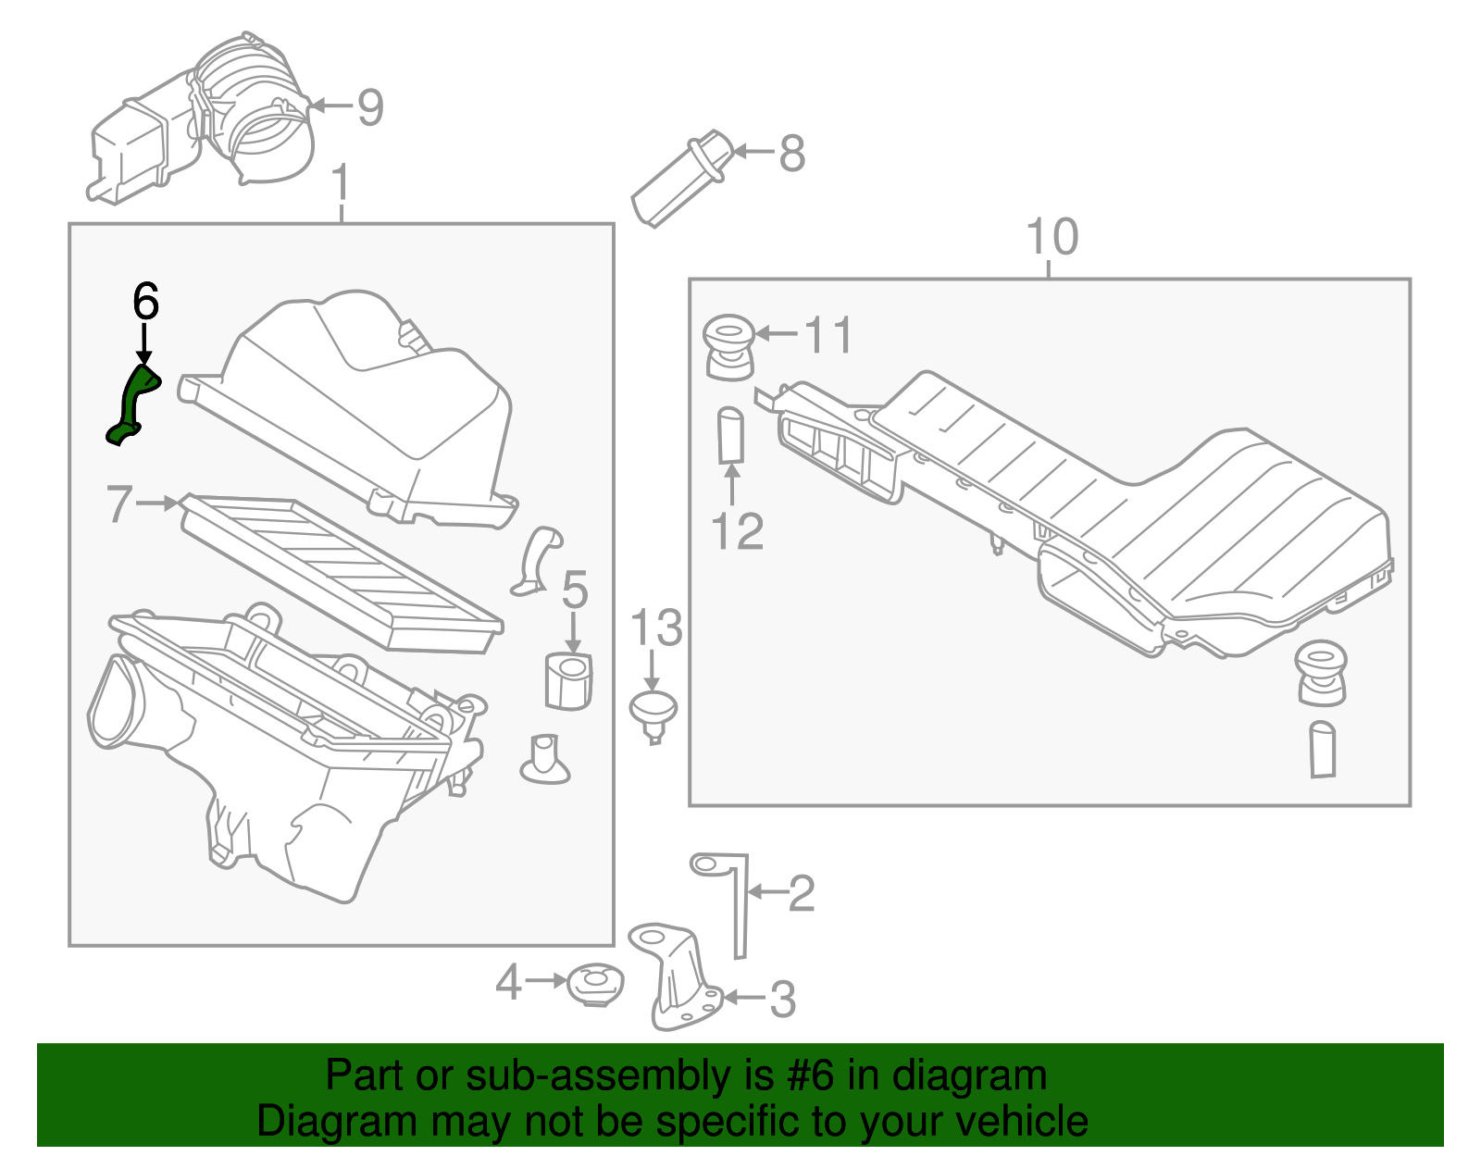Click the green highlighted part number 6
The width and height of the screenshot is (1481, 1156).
click(132, 404)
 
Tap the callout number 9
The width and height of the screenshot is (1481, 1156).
click(370, 108)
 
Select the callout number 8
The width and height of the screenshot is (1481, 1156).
click(791, 154)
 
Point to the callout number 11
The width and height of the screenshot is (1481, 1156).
click(828, 335)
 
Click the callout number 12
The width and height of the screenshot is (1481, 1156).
click(737, 532)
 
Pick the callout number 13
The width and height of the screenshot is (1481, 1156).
click(655, 628)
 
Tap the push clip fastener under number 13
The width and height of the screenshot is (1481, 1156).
click(653, 715)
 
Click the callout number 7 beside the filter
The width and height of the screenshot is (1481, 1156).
click(119, 504)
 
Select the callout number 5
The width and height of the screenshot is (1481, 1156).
click(575, 590)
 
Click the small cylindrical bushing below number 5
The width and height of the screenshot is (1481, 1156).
click(567, 681)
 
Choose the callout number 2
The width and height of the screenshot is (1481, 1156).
click(801, 894)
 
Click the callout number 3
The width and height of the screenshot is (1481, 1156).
click(783, 1000)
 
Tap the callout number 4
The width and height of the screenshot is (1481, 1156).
click(508, 982)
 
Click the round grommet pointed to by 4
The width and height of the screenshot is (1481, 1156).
click(594, 985)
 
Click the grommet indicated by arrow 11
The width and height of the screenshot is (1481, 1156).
click(728, 347)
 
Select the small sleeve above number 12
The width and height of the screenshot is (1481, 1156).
click(731, 434)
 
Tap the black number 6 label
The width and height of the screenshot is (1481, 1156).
click(145, 302)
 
